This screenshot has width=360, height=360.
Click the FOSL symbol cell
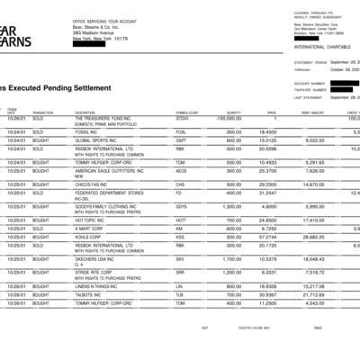coord(182,131)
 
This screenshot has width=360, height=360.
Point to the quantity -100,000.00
coord(229,118)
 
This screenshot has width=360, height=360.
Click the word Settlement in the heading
coord(85,88)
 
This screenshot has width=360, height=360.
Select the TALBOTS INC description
coord(91,294)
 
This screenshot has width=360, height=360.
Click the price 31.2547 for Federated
coord(268,193)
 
